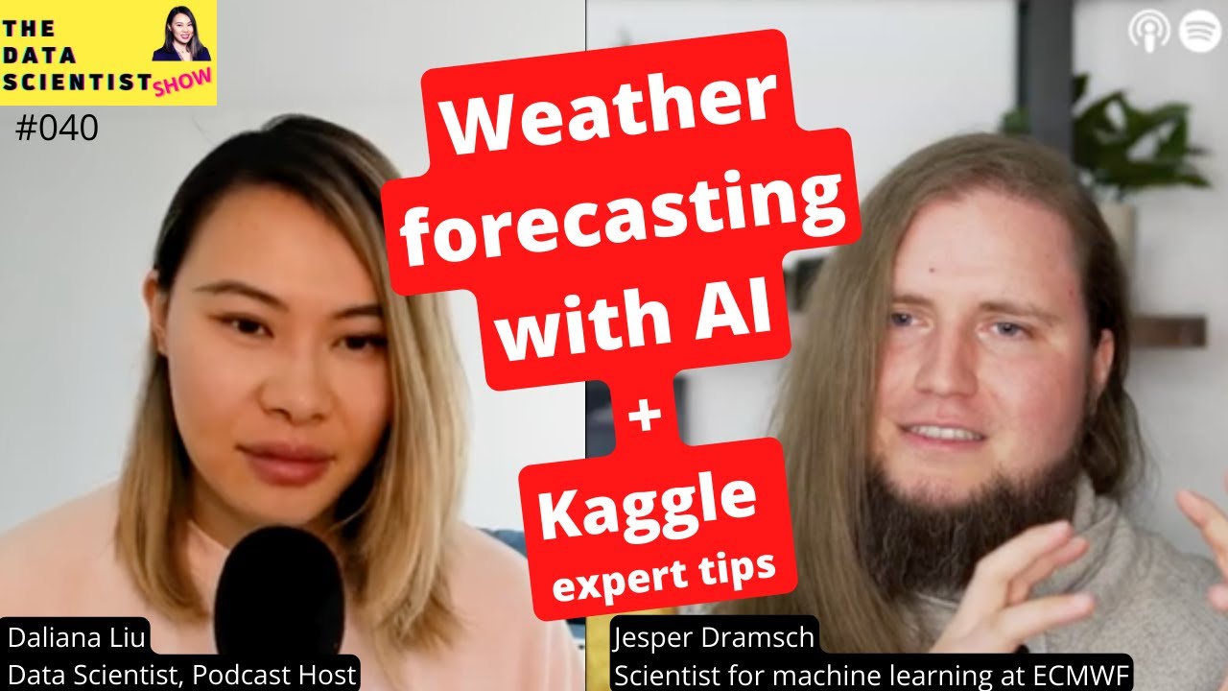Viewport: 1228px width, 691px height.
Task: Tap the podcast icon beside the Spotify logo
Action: point(1147,32)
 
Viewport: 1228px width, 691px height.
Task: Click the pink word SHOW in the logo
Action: point(182,85)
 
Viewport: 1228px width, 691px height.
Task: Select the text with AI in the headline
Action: point(638,323)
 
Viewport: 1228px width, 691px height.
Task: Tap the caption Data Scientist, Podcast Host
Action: point(182,675)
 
